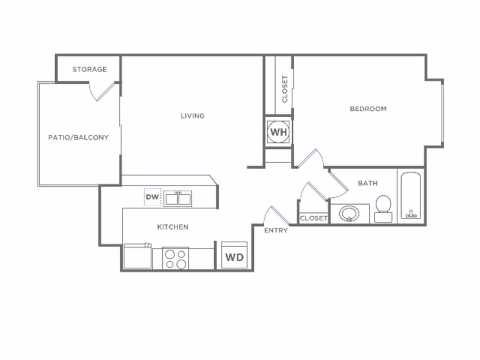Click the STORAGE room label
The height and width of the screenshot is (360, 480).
[x=90, y=69]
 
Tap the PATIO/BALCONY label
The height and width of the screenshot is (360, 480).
[x=78, y=137]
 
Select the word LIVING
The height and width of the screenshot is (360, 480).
[x=192, y=116]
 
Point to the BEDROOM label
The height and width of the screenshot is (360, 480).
[x=368, y=108]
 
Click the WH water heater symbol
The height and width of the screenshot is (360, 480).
[x=279, y=132]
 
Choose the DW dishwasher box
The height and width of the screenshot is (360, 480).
[x=152, y=197]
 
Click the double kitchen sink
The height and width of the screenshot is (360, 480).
[x=178, y=198]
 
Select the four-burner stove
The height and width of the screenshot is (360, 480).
[x=176, y=259]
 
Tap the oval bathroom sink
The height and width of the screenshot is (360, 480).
[x=349, y=214]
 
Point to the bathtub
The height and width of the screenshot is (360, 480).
[x=411, y=196]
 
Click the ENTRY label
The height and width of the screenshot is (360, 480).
[x=276, y=230]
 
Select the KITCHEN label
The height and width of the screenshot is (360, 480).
[x=172, y=227]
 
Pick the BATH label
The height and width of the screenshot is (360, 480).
[x=368, y=183]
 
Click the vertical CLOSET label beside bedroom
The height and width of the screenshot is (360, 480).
[x=285, y=89]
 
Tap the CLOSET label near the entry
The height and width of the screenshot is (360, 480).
[x=314, y=218]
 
